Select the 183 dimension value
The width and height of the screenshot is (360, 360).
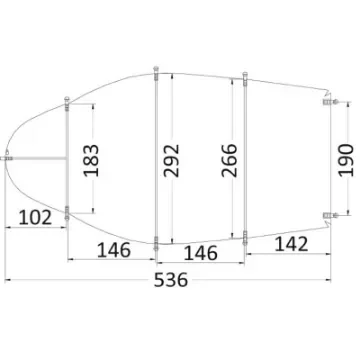tap(92, 161)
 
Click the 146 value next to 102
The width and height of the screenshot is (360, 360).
tap(121, 249)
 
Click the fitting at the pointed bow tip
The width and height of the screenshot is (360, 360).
tap(9, 157)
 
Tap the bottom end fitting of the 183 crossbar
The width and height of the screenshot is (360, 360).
tap(66, 212)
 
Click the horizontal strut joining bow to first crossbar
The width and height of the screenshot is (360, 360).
tap(38, 157)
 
